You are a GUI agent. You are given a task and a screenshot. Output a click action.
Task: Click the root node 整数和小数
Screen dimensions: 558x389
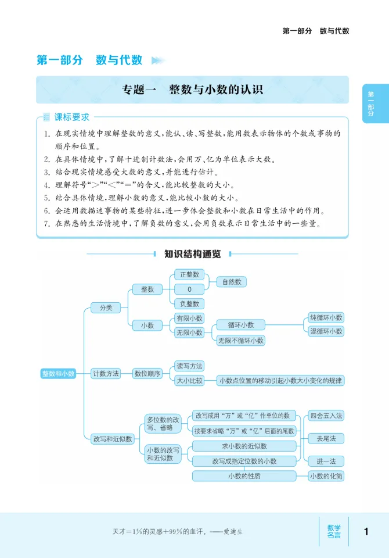[59, 374]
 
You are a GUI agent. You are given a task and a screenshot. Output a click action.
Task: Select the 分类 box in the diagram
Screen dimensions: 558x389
[106, 307]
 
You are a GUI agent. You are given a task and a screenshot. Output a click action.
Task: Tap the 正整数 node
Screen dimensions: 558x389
[189, 274]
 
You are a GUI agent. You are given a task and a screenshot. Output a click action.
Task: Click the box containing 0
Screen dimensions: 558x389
[189, 289]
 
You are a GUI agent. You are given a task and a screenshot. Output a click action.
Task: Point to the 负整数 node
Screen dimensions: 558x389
[189, 303]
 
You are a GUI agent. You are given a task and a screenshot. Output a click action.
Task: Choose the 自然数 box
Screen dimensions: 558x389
[231, 281]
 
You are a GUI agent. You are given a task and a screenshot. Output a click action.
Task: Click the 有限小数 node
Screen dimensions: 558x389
[189, 318]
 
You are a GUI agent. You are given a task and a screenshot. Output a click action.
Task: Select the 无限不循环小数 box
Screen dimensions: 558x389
[240, 341]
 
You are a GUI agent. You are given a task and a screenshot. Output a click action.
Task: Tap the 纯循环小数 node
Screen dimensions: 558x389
[326, 317]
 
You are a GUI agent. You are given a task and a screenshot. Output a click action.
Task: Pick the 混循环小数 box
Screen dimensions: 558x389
[326, 331]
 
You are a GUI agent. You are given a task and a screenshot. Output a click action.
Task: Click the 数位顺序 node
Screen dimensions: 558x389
[147, 374]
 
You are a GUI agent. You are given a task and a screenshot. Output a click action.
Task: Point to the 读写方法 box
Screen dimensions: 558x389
[189, 366]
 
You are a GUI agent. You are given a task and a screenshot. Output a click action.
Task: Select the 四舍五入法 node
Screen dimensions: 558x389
[326, 416]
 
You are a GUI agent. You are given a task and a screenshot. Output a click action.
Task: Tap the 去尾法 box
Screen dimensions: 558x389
[326, 438]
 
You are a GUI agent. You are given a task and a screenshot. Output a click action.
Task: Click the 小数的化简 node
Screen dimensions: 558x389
[326, 476]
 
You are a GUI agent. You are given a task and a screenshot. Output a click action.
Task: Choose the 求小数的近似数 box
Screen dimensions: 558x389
[244, 446]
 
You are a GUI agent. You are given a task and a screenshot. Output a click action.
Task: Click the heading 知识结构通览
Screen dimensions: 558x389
[192, 253]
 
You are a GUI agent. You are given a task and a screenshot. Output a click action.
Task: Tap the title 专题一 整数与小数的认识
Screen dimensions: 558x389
[192, 90]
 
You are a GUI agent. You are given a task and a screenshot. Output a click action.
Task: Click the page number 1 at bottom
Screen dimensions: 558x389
[366, 531]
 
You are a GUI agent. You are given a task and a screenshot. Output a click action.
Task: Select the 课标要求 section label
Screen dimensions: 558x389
[72, 117]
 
